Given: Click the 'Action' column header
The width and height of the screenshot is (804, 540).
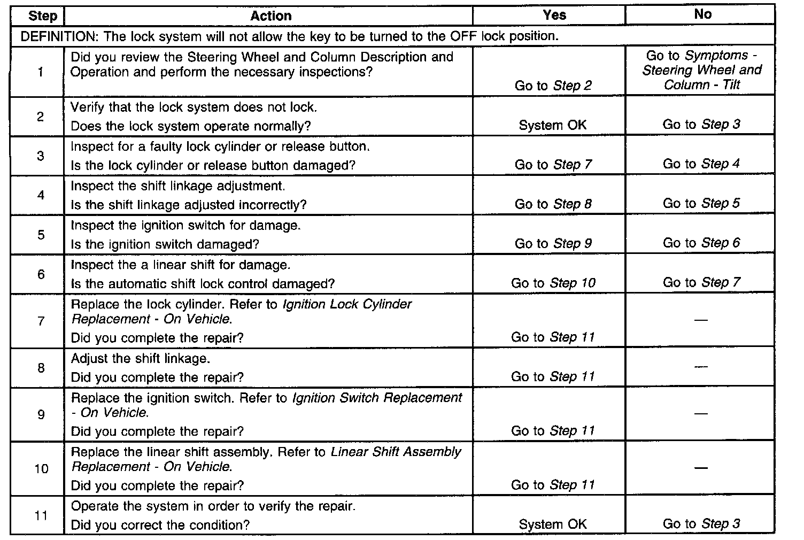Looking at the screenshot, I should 271,16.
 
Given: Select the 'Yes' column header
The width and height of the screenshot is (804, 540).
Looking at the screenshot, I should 554,15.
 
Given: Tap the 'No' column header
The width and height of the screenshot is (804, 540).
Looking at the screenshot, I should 702,14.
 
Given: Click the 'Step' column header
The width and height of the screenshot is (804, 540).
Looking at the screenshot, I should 43,16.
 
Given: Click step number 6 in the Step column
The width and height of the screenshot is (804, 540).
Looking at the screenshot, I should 41,274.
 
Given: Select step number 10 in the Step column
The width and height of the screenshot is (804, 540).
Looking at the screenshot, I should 41,469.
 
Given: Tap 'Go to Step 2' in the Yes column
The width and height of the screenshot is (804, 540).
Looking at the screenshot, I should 553,86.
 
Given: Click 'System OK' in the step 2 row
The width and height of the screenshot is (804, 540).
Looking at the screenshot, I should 553,125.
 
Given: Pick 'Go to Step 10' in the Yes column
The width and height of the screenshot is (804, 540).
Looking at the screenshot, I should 553,283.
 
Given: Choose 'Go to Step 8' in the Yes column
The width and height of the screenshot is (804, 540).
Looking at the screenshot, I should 553,204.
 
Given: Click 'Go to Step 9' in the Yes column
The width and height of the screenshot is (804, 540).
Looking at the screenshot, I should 553,243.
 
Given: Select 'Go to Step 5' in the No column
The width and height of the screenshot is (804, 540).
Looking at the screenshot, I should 701,203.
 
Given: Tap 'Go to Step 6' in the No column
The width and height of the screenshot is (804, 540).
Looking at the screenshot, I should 701,243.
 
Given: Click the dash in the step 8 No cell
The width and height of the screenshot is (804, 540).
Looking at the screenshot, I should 701,367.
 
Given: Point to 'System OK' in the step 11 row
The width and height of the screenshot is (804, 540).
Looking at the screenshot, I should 553,524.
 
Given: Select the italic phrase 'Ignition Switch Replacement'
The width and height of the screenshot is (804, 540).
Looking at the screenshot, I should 377,398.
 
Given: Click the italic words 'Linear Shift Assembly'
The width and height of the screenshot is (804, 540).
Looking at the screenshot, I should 396,452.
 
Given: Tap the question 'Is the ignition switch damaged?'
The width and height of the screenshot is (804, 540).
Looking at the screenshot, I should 165,244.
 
